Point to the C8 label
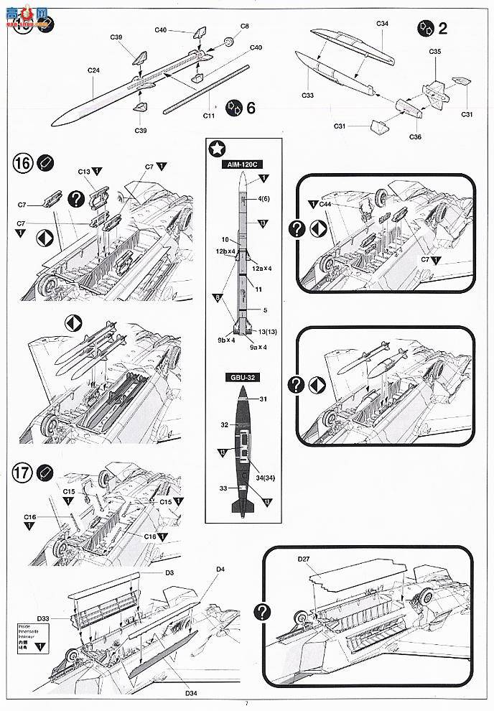click(x=245, y=27)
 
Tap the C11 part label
click(x=209, y=116)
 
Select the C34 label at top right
click(x=382, y=24)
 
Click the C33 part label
click(x=308, y=95)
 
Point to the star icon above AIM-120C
click(x=215, y=149)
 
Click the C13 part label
click(x=84, y=172)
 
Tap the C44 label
click(x=325, y=205)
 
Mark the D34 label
click(x=190, y=692)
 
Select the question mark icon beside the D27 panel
click(x=264, y=611)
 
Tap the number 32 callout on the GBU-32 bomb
click(x=224, y=424)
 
